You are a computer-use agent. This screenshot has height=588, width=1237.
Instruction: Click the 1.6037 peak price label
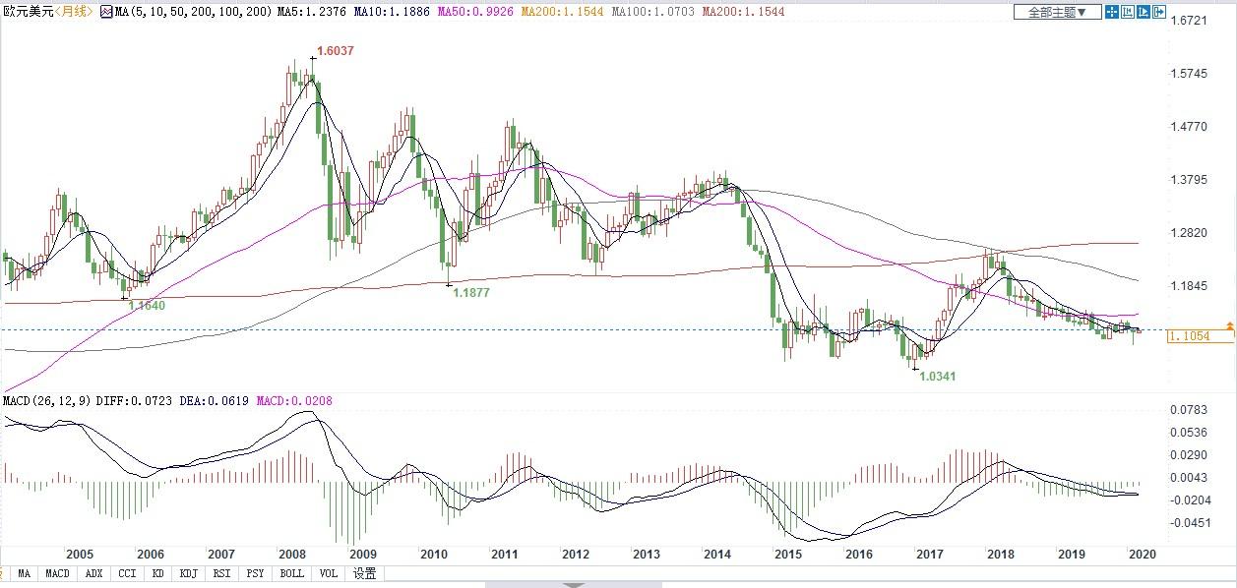pos(334,50)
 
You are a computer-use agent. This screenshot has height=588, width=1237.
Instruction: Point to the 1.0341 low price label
pos(936,376)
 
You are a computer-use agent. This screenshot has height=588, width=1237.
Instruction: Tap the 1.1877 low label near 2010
pos(469,292)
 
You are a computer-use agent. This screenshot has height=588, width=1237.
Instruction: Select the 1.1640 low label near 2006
pos(146,305)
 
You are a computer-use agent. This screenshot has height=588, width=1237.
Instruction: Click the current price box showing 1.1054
pos(1200,336)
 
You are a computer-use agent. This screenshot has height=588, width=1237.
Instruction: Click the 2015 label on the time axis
pos(786,554)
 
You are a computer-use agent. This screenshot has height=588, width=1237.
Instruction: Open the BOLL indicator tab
pos(291,573)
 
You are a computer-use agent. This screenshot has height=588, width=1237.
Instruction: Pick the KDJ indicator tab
pos(188,573)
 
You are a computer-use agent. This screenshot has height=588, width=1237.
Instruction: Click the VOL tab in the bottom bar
pos(328,573)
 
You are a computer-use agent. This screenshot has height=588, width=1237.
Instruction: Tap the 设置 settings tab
pos(364,573)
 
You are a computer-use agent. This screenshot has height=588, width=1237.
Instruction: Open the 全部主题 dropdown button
pos(1057,13)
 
